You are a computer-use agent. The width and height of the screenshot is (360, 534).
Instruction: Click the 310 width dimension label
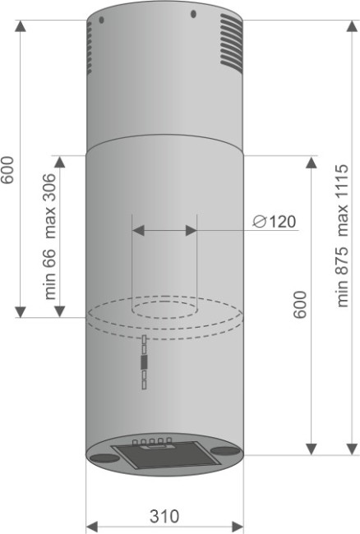click(x=164, y=516)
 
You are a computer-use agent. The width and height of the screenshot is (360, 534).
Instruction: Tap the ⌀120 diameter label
click(x=274, y=222)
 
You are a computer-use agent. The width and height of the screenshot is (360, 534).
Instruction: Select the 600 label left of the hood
click(x=8, y=170)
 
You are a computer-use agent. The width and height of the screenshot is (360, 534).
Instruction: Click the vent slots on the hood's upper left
click(x=90, y=46)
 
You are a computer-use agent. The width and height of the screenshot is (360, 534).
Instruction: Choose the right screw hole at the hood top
click(x=193, y=14)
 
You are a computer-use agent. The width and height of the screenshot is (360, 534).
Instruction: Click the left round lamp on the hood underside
click(x=102, y=456)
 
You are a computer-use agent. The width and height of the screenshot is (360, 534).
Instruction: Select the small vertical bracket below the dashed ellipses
click(x=144, y=361)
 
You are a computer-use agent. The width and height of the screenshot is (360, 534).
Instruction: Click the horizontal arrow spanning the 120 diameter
click(x=164, y=232)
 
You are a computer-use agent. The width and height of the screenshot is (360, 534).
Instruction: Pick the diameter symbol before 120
click(x=258, y=222)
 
